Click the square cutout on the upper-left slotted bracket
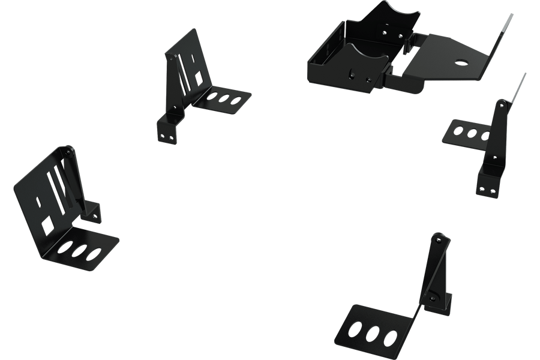(x=198, y=78)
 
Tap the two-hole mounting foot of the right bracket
(x=487, y=187)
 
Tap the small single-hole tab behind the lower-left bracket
(x=94, y=211)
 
